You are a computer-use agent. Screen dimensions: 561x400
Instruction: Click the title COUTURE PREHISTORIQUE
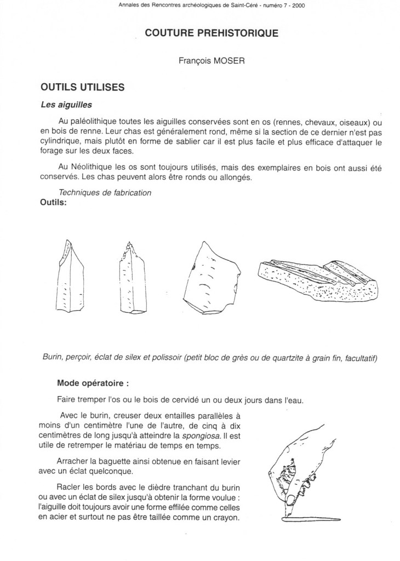coord(212,33)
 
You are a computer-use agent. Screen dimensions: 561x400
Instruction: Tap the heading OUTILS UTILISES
coord(83,87)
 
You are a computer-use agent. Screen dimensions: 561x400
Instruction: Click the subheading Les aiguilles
coord(66,105)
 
